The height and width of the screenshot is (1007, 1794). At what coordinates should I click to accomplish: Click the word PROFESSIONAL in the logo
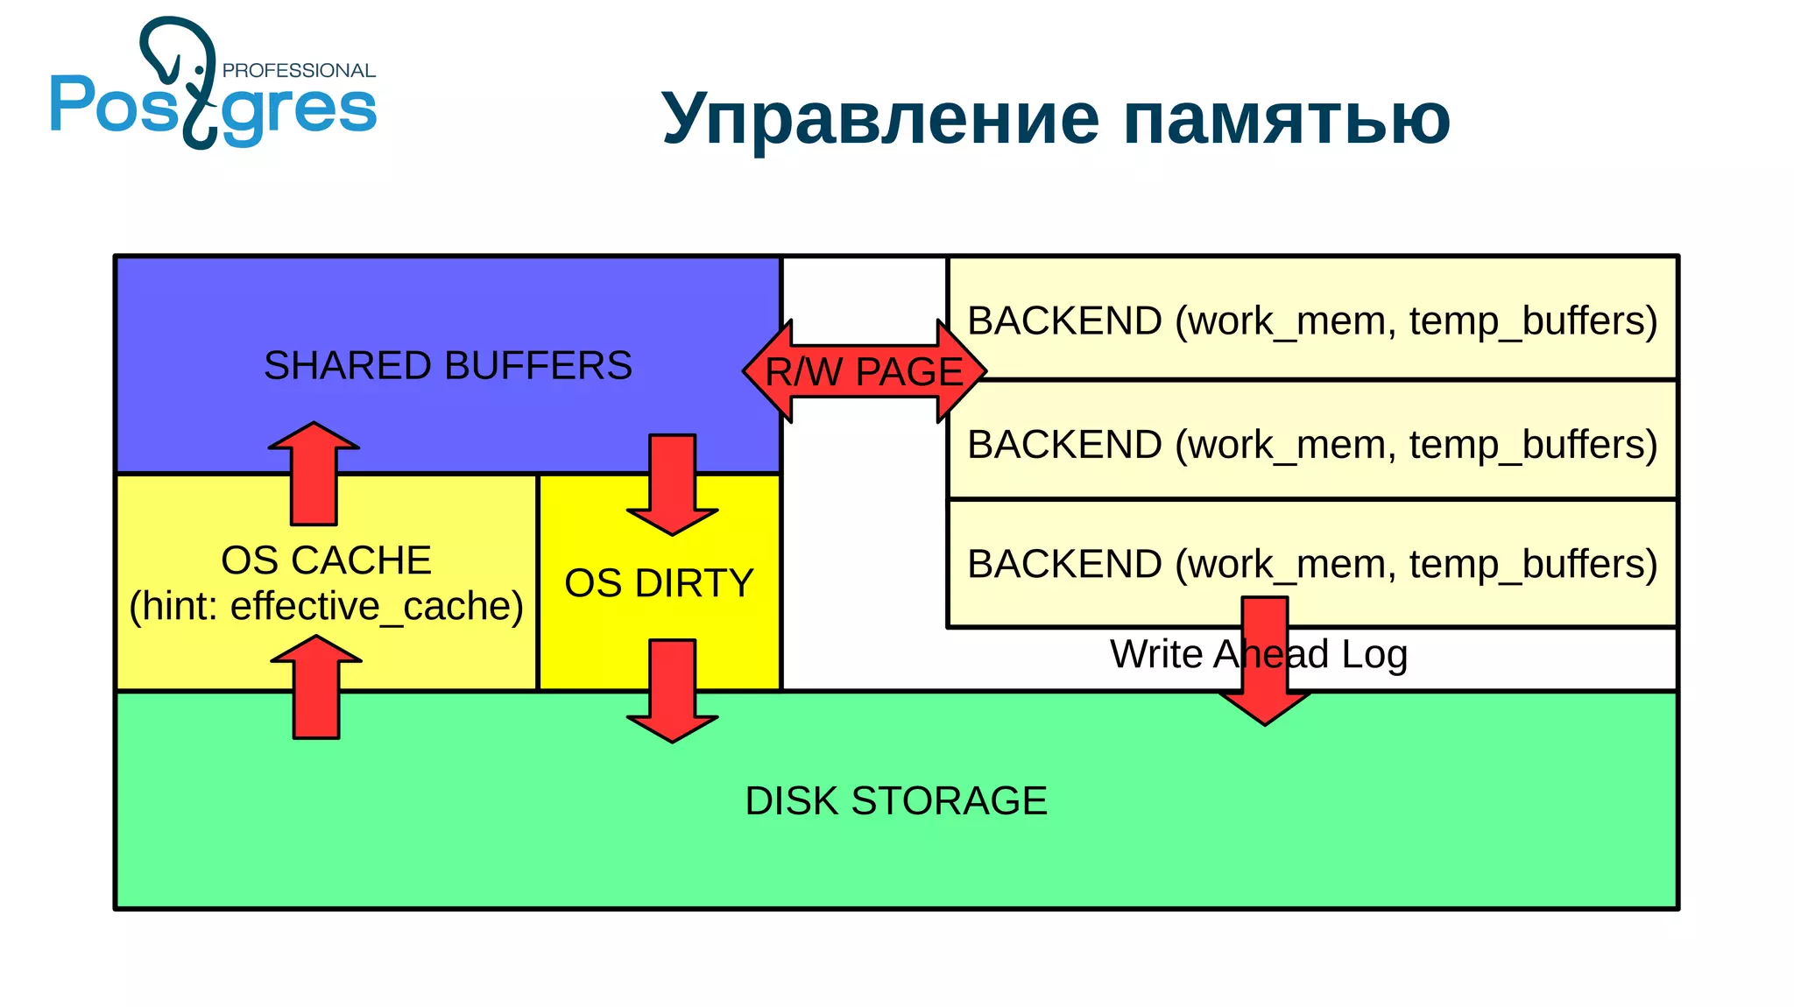tap(299, 70)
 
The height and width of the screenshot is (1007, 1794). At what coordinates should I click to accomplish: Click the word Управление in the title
tap(879, 118)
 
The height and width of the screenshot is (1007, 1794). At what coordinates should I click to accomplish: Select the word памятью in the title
tap(1287, 118)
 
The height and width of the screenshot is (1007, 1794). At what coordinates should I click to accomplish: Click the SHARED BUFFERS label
tap(448, 365)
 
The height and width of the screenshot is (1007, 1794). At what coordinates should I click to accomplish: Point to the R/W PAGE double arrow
tap(864, 371)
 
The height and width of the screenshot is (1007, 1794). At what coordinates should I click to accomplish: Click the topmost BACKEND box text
tap(1312, 320)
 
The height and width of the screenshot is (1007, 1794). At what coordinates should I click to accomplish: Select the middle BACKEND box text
tap(1312, 444)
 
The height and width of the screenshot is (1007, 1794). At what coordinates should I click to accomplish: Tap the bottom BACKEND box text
tap(1312, 563)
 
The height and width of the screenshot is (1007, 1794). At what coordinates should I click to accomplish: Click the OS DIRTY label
tap(659, 583)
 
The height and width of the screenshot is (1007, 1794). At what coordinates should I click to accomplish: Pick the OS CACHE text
tap(326, 560)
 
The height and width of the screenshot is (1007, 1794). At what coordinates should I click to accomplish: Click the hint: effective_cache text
tap(326, 606)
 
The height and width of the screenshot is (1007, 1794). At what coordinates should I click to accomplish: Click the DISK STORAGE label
tap(895, 800)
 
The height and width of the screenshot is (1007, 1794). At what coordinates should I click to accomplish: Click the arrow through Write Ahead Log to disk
tap(1265, 665)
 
